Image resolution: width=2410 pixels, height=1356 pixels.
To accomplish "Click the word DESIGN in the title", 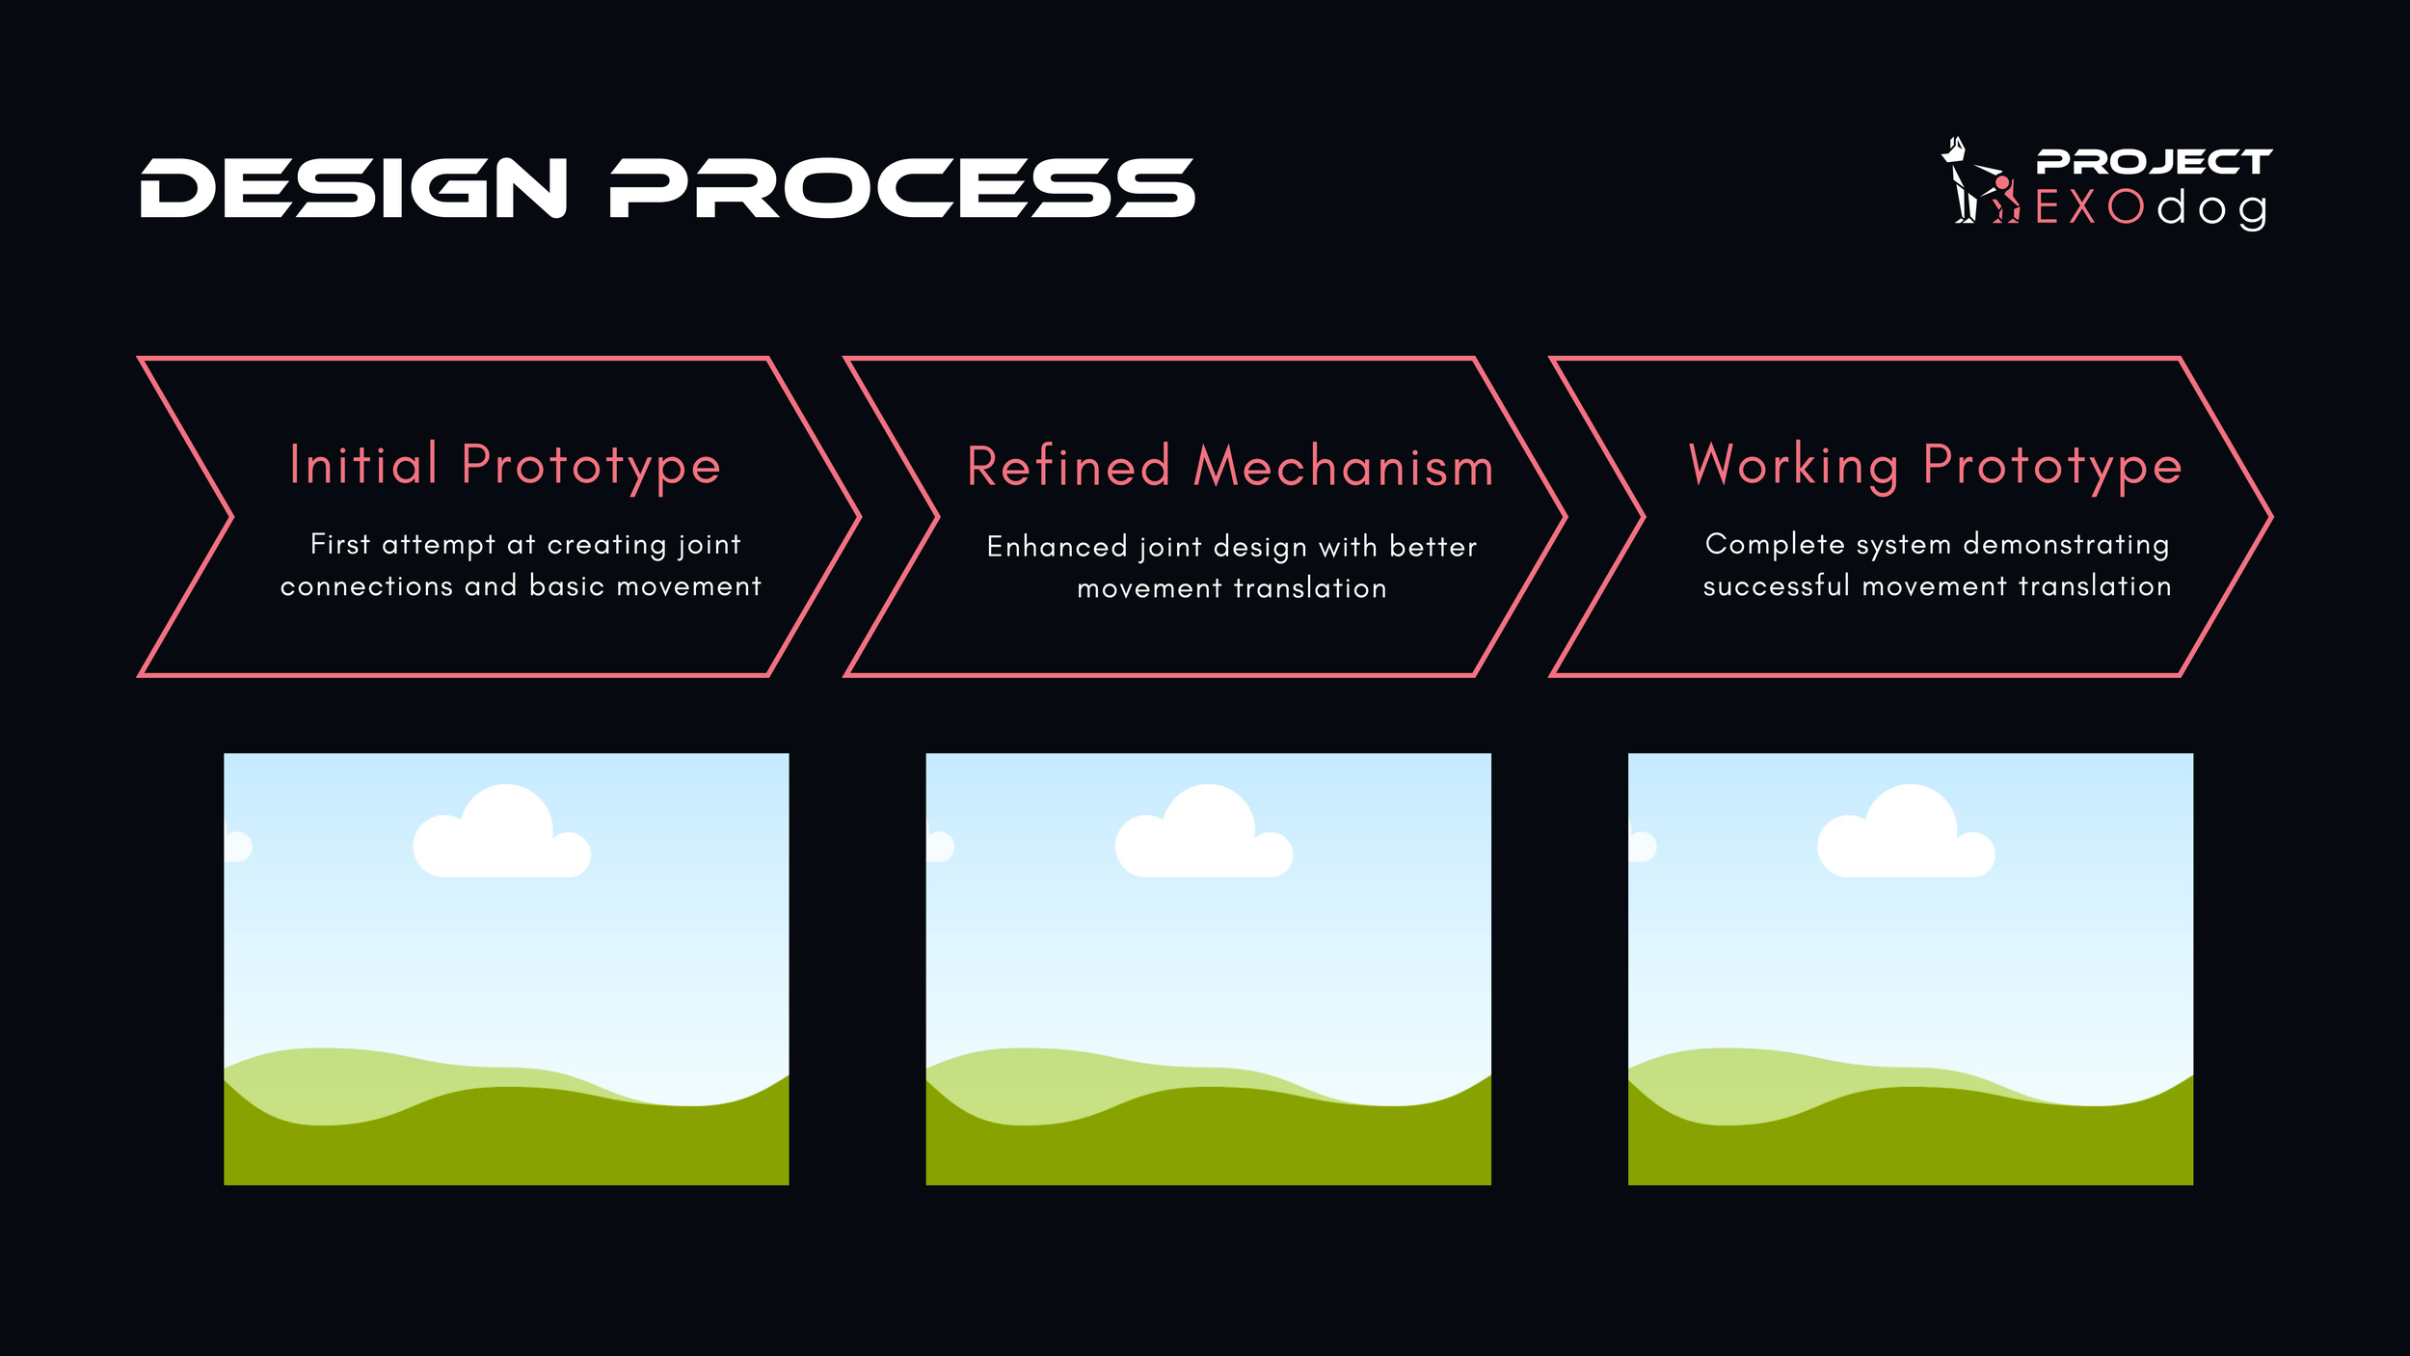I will pyautogui.click(x=354, y=188).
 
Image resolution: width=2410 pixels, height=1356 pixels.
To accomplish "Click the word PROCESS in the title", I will pyautogui.click(x=902, y=188).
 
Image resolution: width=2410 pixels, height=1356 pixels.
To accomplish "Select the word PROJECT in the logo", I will pyautogui.click(x=2154, y=162).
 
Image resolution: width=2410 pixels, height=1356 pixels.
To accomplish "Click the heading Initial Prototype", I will pyautogui.click(x=505, y=466).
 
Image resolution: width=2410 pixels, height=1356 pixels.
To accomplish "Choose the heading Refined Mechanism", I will pyautogui.click(x=1230, y=468).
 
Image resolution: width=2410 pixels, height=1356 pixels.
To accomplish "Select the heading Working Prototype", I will pyautogui.click(x=1936, y=466).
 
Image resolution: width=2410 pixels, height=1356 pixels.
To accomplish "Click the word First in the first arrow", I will pyautogui.click(x=340, y=544).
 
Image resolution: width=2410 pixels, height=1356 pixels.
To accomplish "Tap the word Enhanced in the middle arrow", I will pyautogui.click(x=1057, y=547).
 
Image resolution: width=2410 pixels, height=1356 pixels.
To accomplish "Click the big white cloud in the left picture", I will pyautogui.click(x=502, y=834).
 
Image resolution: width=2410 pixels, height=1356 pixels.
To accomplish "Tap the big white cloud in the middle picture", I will pyautogui.click(x=1204, y=834).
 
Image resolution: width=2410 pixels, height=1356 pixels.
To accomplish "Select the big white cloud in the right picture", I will pyautogui.click(x=1906, y=834).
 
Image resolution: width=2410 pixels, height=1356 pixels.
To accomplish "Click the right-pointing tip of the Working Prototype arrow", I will pyautogui.click(x=2267, y=517).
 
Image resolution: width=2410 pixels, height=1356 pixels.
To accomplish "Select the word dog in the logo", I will pyautogui.click(x=2211, y=209).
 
